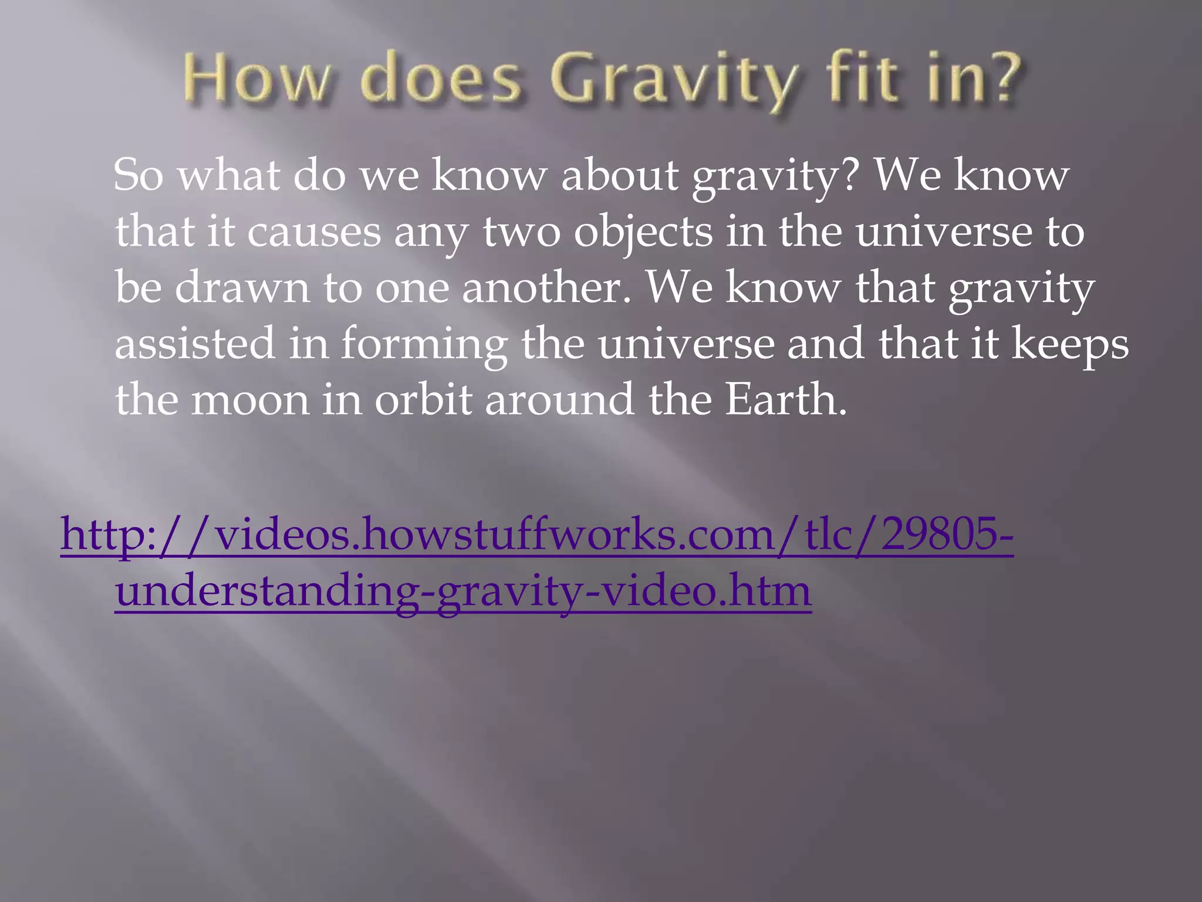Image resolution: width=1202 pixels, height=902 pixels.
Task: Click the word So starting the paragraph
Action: click(x=138, y=175)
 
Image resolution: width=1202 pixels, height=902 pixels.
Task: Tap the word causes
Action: click(x=314, y=231)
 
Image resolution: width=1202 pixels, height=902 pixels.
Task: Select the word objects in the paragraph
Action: click(x=643, y=231)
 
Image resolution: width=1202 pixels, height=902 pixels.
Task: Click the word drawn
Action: click(x=242, y=287)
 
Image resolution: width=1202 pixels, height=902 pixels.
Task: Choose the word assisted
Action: click(x=194, y=344)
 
